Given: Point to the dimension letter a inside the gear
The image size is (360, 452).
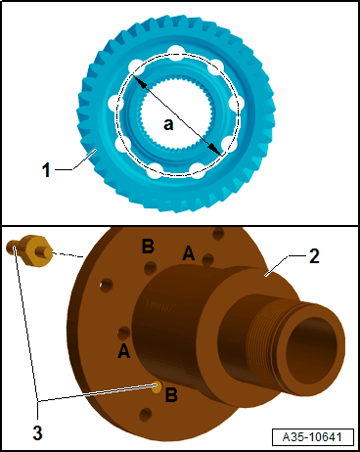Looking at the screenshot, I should click(x=168, y=124).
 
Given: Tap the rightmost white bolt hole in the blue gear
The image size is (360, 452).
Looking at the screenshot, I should click(x=236, y=104).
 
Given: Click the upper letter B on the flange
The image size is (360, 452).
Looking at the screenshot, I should click(x=148, y=246).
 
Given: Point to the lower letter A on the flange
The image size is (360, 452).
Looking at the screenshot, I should click(x=124, y=348).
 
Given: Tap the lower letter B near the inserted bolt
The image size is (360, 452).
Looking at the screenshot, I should click(x=171, y=396).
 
